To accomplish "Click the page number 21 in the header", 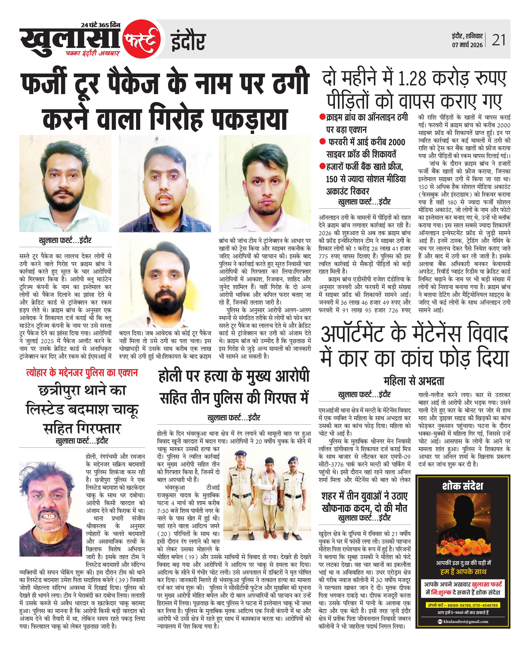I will (499, 40).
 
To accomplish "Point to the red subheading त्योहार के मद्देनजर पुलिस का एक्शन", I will (82, 372).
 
